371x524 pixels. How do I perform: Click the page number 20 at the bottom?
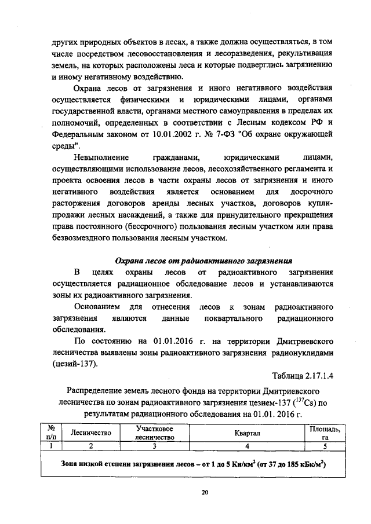click(x=205, y=493)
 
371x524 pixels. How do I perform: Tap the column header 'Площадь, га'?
click(x=325, y=433)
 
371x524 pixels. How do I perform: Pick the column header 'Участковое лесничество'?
click(x=155, y=433)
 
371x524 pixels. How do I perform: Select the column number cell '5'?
click(x=325, y=446)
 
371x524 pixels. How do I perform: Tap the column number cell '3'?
click(x=155, y=446)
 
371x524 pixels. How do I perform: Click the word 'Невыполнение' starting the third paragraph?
click(x=103, y=157)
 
